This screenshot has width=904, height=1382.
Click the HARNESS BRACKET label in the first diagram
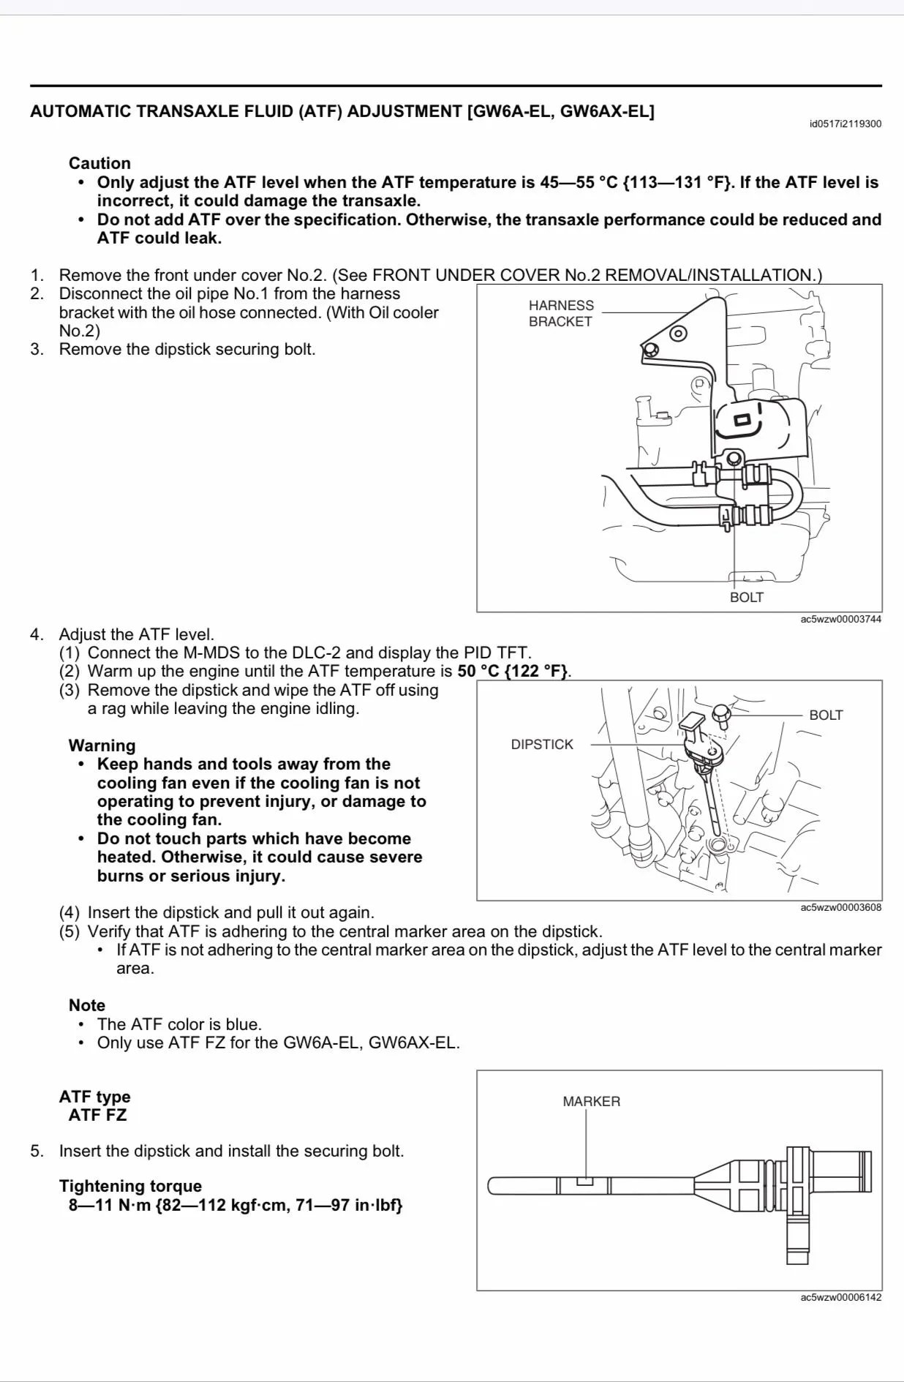click(x=561, y=313)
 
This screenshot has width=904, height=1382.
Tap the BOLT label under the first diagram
click(x=746, y=597)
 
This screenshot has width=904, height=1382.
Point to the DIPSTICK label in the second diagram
click(x=542, y=744)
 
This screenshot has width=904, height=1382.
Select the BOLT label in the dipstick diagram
click(x=826, y=715)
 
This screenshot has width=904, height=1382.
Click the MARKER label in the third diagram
click(x=591, y=1101)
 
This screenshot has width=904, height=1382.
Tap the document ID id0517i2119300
click(x=845, y=124)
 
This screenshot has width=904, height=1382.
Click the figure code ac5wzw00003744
click(x=840, y=619)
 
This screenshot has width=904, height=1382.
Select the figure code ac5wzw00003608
click(x=840, y=907)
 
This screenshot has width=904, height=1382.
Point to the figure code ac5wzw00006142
click(x=840, y=1297)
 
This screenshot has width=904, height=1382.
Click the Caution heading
click(x=99, y=163)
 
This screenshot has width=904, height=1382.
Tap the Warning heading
click(x=102, y=746)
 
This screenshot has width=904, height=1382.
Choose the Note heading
click(x=86, y=1005)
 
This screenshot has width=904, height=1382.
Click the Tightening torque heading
click(x=130, y=1186)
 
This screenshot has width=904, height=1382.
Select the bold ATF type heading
click(x=94, y=1097)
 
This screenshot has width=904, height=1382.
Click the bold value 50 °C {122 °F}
click(x=513, y=671)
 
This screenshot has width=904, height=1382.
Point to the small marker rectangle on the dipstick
click(x=585, y=1181)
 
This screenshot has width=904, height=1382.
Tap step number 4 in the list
click(x=37, y=634)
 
